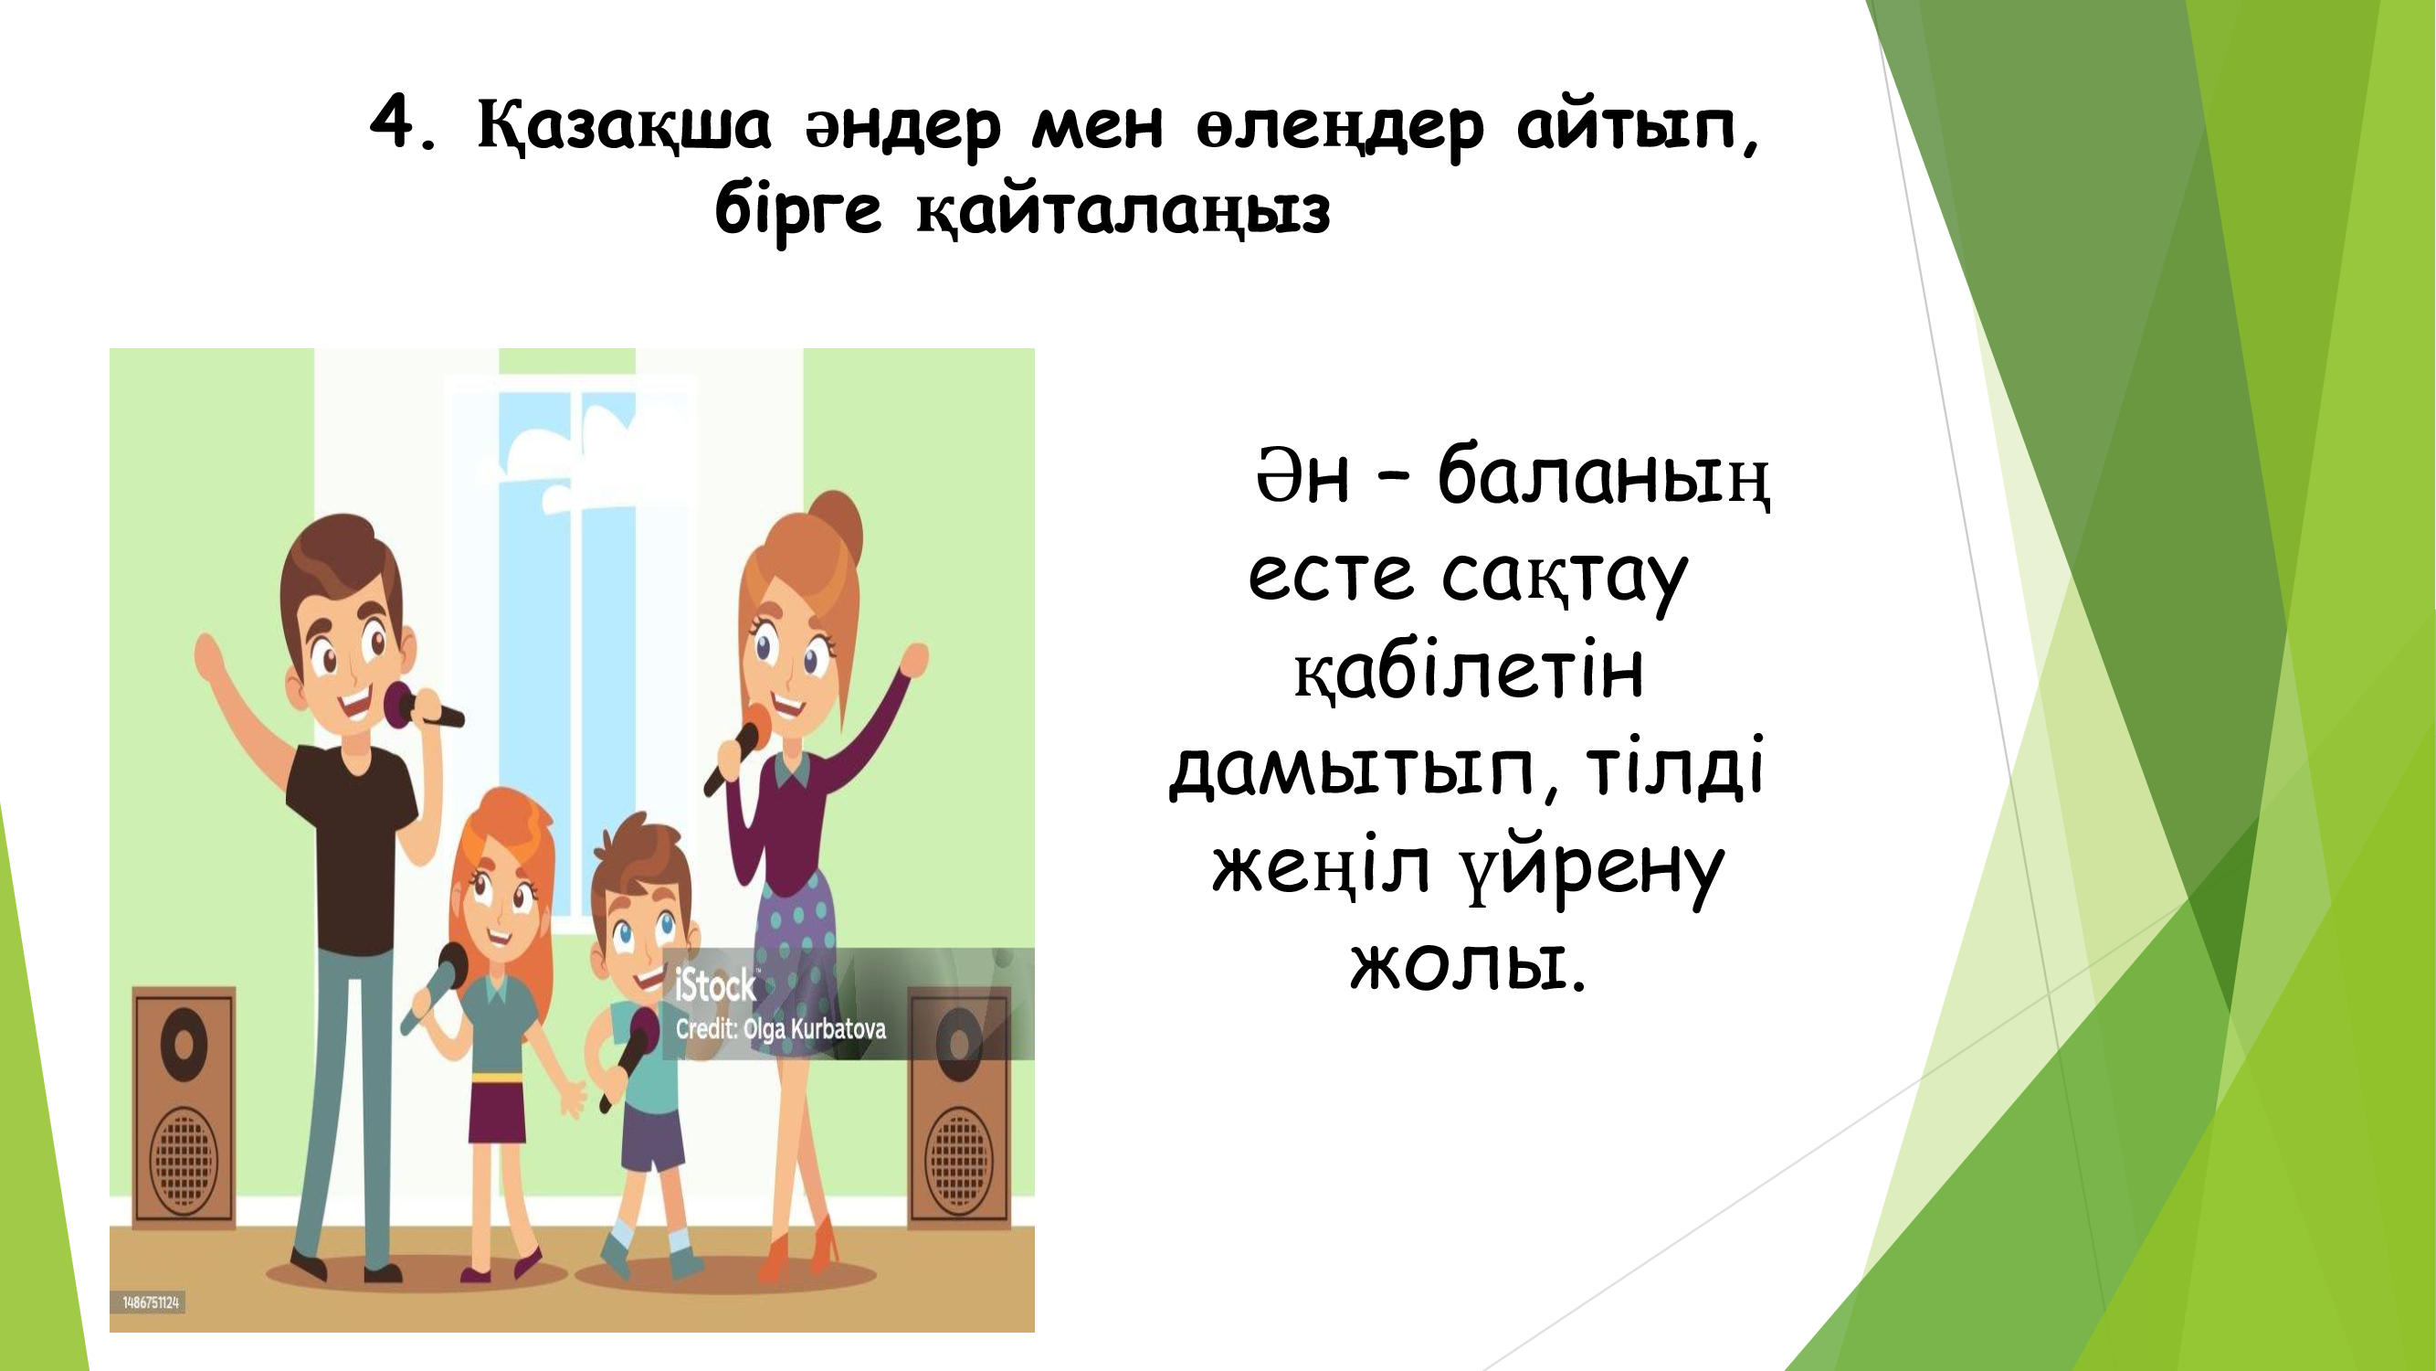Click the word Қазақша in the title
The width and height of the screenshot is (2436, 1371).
pos(624,125)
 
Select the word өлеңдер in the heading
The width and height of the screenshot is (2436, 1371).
pos(1340,128)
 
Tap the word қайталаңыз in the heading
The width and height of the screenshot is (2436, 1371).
pos(1123,211)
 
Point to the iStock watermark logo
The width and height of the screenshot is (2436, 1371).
pos(716,986)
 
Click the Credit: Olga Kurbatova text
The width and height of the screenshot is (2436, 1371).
pos(780,1029)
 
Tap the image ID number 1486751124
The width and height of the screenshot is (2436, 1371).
pos(151,1302)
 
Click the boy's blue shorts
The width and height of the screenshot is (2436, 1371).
pos(651,1139)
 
